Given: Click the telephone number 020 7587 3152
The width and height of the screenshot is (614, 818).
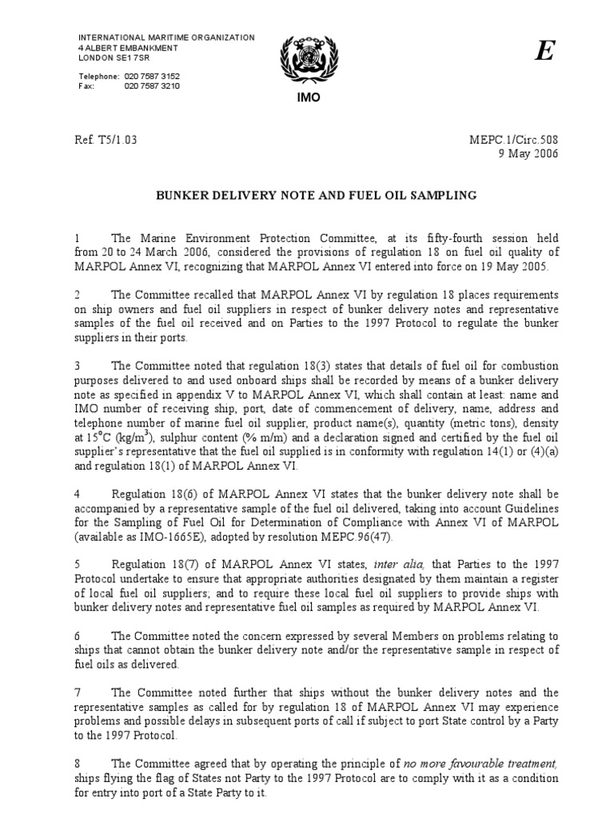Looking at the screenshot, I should click(x=152, y=76).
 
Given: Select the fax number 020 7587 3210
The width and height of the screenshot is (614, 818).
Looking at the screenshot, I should click(x=152, y=85).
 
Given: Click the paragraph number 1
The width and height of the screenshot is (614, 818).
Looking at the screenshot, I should click(x=78, y=238).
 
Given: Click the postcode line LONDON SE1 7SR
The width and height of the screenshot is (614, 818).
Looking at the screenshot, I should click(x=113, y=58).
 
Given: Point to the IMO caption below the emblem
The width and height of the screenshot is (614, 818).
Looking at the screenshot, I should click(x=306, y=98).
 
